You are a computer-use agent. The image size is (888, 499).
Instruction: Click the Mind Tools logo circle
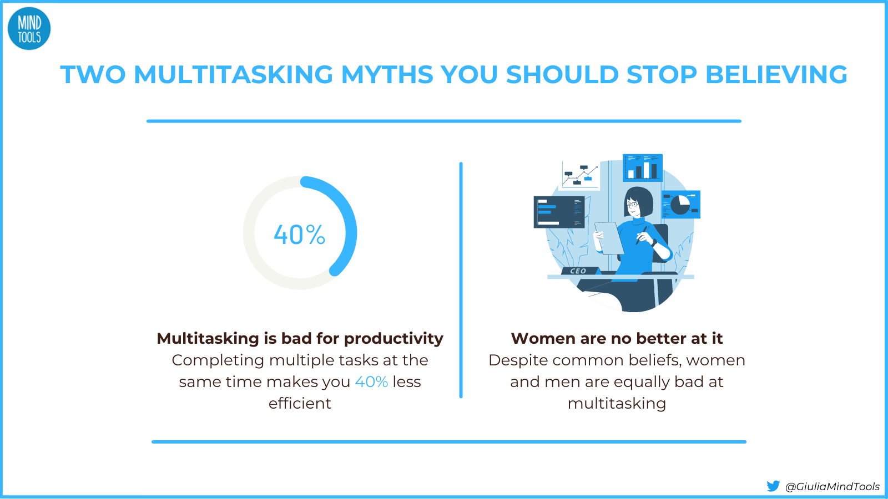coord(29,29)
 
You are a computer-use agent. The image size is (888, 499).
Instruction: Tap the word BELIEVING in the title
coord(776,75)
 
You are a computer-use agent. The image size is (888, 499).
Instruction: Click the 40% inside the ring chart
coord(300,235)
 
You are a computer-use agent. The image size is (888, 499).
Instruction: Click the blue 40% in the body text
coord(371,382)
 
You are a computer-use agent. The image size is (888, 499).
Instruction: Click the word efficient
coord(300,404)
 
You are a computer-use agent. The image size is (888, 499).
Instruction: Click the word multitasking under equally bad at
coord(617,404)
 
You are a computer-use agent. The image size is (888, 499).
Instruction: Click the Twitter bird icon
coord(773,486)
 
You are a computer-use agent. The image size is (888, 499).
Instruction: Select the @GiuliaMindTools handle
coord(832,487)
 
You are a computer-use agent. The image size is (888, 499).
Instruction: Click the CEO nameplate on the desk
coord(578,271)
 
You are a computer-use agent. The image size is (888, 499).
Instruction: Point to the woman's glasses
coord(632,205)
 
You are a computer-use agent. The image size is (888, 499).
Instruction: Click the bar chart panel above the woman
coord(643,167)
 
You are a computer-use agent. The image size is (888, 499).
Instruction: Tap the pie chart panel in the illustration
coord(681,205)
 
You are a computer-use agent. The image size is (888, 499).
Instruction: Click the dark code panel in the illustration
coord(558,212)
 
